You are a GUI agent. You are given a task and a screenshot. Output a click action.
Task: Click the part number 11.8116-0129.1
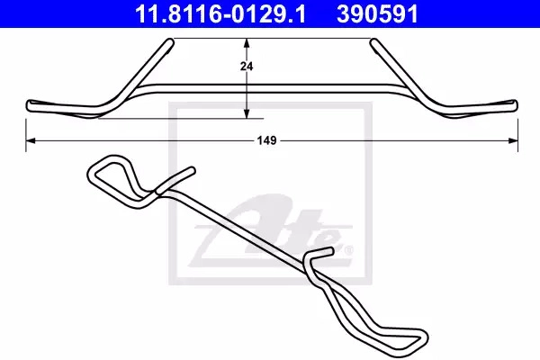[220, 13]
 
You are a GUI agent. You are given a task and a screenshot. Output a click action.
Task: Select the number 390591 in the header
[378, 13]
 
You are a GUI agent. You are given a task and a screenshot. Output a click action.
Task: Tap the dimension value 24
[247, 66]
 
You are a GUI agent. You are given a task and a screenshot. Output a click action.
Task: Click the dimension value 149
[267, 140]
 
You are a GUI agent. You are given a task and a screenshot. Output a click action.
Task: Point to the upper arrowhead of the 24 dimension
[247, 43]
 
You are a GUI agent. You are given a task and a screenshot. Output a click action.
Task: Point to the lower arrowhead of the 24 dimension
[247, 113]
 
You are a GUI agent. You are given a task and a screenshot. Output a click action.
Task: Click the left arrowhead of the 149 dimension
[31, 140]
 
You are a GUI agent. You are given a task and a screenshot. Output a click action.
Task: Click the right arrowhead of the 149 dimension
[513, 140]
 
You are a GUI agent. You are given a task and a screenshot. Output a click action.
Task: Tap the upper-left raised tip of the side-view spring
[170, 41]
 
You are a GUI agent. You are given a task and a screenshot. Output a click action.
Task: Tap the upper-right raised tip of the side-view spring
[373, 42]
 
